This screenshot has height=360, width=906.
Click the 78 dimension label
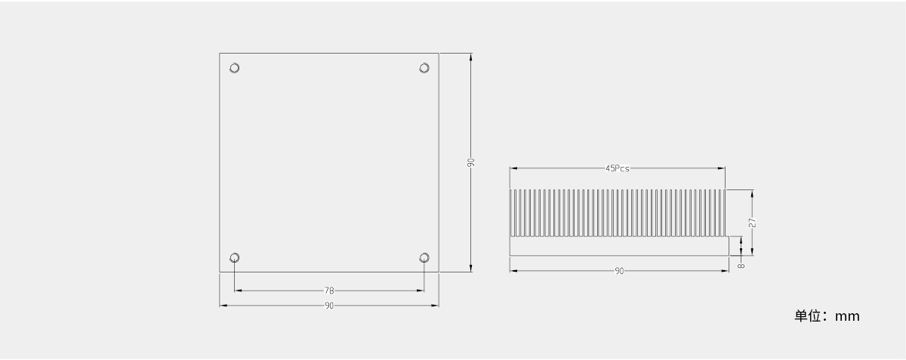329,291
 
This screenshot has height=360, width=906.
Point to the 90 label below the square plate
329,306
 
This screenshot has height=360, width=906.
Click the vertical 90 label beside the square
470,162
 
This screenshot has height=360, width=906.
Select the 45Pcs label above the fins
618,168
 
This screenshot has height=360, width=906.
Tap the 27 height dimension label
752,223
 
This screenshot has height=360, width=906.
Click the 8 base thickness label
741,266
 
